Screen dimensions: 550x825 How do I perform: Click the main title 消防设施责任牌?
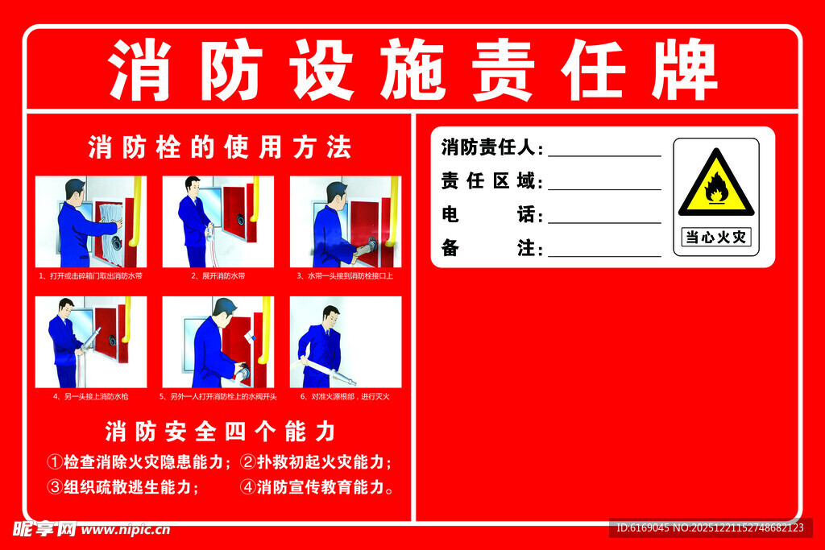click(x=412, y=70)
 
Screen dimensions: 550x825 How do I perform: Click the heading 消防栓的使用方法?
click(x=219, y=147)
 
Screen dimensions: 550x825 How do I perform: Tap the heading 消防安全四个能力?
click(x=219, y=432)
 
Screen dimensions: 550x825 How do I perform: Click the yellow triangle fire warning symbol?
click(x=715, y=185)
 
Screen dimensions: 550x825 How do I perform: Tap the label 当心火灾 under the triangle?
click(x=715, y=238)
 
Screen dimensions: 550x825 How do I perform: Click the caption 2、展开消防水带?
click(x=218, y=276)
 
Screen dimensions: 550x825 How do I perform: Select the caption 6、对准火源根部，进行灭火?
click(x=345, y=396)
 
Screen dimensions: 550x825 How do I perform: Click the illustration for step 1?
click(x=91, y=221)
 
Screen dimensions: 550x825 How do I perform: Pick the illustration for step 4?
click(x=91, y=342)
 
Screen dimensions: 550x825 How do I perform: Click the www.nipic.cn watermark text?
click(x=126, y=530)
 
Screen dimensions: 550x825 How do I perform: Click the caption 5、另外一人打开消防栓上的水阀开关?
click(x=218, y=396)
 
